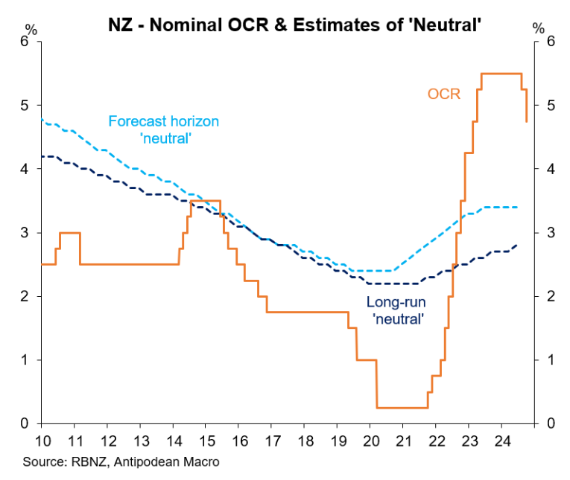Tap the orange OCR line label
[x=444, y=94]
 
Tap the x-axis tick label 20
[x=370, y=439]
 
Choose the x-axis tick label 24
[x=501, y=439]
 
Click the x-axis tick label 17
[x=271, y=439]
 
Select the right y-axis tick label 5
[x=551, y=106]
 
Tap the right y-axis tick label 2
[x=551, y=296]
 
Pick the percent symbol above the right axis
[x=538, y=28]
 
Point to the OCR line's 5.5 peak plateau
[x=501, y=74]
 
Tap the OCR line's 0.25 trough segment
[x=402, y=407]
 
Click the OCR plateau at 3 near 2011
[x=69, y=233]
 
